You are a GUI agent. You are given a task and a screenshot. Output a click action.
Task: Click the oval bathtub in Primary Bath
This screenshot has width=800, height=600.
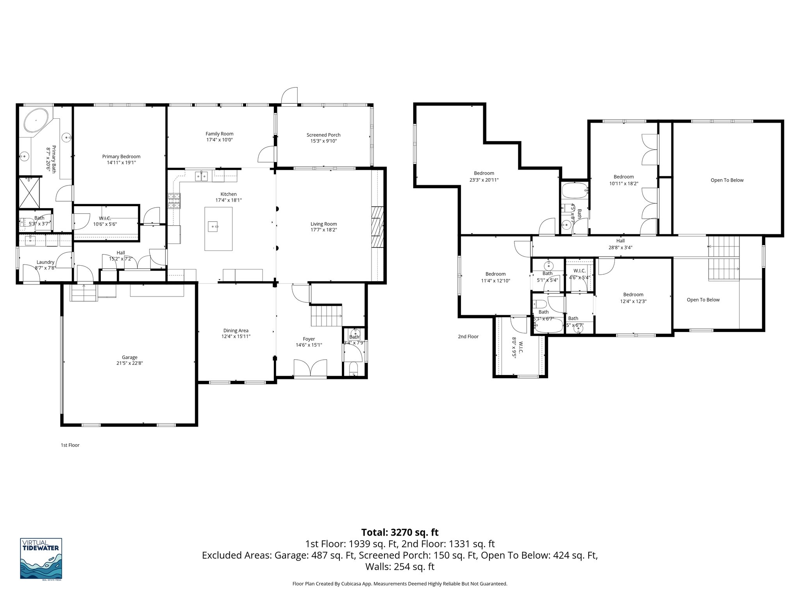[36, 120]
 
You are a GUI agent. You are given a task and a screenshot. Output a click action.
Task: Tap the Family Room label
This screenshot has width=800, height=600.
[220, 134]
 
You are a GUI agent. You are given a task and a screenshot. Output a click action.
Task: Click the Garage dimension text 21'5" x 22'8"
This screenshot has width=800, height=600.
[130, 363]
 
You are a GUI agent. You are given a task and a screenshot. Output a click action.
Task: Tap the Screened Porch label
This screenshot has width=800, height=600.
[323, 135]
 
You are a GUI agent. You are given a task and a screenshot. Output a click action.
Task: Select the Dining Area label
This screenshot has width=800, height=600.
[236, 330]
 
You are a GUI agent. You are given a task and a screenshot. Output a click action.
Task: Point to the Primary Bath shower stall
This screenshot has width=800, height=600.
[30, 193]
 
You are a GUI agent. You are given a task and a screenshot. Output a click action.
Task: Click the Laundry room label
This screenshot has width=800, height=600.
[45, 262]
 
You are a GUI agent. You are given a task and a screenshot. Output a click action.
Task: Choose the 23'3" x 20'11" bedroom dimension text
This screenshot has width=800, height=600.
[484, 180]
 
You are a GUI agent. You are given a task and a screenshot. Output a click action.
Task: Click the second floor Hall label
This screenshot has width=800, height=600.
[621, 241]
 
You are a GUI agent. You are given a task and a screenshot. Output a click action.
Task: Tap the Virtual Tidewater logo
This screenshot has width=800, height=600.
[41, 559]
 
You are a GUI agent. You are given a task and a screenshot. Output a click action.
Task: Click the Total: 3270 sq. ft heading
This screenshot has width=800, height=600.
[400, 532]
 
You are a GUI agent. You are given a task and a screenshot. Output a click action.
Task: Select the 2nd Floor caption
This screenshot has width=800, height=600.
[468, 336]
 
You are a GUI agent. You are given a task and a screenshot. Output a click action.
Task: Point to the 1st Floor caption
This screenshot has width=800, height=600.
[70, 445]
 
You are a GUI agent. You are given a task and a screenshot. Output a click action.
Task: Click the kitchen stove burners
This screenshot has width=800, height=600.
[174, 202]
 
